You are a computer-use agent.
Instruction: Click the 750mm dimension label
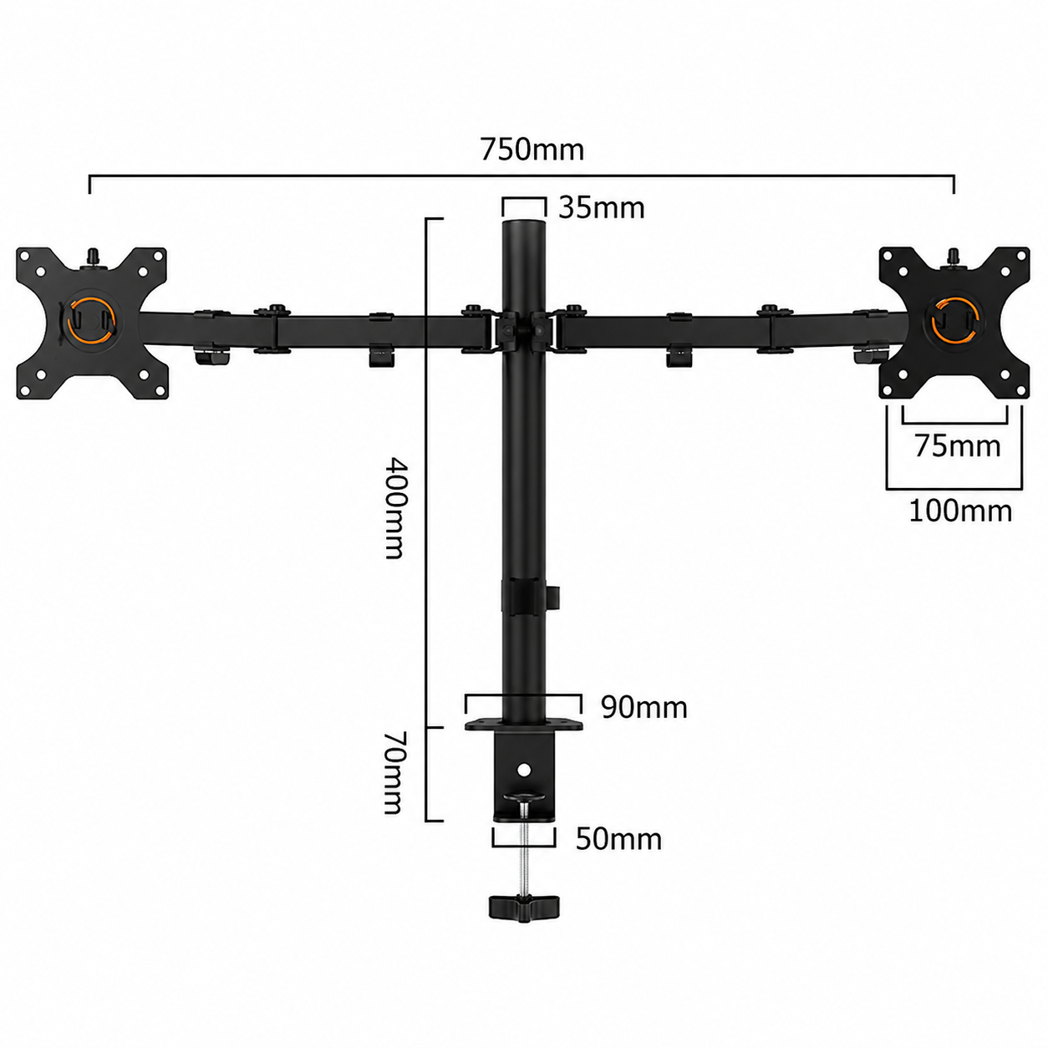[532, 150]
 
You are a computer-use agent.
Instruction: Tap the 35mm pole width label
[602, 208]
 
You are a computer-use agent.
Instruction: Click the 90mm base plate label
[644, 708]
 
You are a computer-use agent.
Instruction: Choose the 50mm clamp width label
[619, 839]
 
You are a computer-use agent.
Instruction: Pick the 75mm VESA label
[957, 446]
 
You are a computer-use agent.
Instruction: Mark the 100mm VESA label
[960, 511]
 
